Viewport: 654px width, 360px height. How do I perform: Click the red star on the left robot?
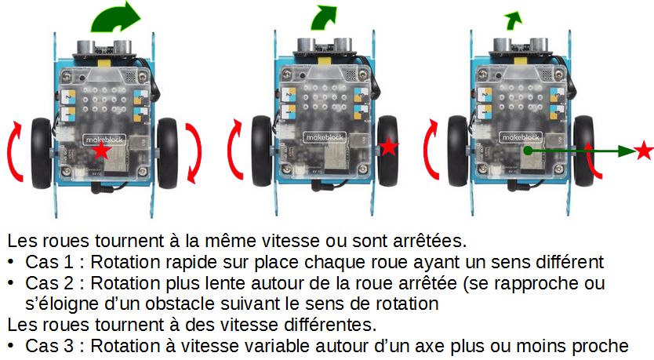point(101,151)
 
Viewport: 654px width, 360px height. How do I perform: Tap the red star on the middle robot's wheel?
point(389,146)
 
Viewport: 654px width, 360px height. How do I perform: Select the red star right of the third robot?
point(644,150)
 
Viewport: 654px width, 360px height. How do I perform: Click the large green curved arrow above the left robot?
point(115,18)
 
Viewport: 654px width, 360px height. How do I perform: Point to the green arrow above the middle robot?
point(323,19)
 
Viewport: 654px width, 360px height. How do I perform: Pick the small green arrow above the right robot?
point(513,21)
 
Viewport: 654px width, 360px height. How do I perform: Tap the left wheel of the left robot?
point(41,153)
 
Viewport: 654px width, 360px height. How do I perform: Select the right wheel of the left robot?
point(167,152)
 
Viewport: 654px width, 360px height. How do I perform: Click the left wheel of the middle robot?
point(261,151)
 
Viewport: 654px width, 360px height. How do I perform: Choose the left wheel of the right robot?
point(457,151)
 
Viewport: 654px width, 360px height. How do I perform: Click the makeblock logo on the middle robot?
point(325,137)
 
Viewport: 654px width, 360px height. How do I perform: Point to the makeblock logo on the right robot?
point(521,137)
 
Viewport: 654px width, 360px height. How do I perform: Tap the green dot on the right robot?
point(528,150)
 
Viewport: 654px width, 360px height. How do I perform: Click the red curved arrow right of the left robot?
point(194,153)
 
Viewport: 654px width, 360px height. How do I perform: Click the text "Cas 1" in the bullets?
point(49,262)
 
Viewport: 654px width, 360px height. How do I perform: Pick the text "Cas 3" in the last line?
point(49,346)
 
